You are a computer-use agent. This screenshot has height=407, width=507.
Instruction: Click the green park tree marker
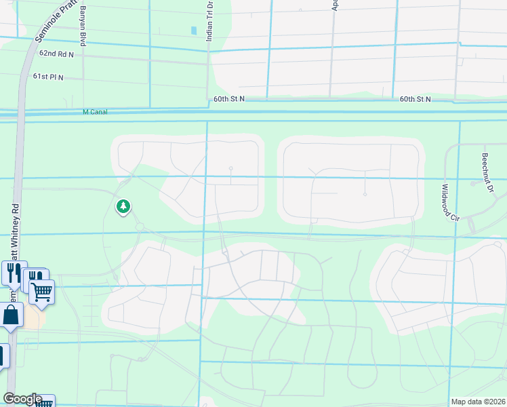[x=123, y=206]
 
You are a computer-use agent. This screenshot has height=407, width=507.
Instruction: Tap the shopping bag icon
[x=12, y=315]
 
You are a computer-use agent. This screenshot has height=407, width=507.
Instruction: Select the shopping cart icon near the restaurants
[x=42, y=292]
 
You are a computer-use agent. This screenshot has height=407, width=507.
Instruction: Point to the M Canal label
[x=95, y=112]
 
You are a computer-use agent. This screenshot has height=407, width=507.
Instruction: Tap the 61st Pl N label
[x=47, y=77]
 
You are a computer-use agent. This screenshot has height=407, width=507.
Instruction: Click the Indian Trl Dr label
[x=209, y=20]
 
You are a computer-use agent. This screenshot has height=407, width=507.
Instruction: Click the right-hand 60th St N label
[x=415, y=99]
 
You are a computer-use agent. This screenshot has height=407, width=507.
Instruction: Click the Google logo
[x=22, y=399]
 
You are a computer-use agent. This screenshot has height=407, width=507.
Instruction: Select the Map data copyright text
[x=478, y=402]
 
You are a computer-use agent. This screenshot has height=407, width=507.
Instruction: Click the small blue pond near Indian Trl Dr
[x=194, y=31]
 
